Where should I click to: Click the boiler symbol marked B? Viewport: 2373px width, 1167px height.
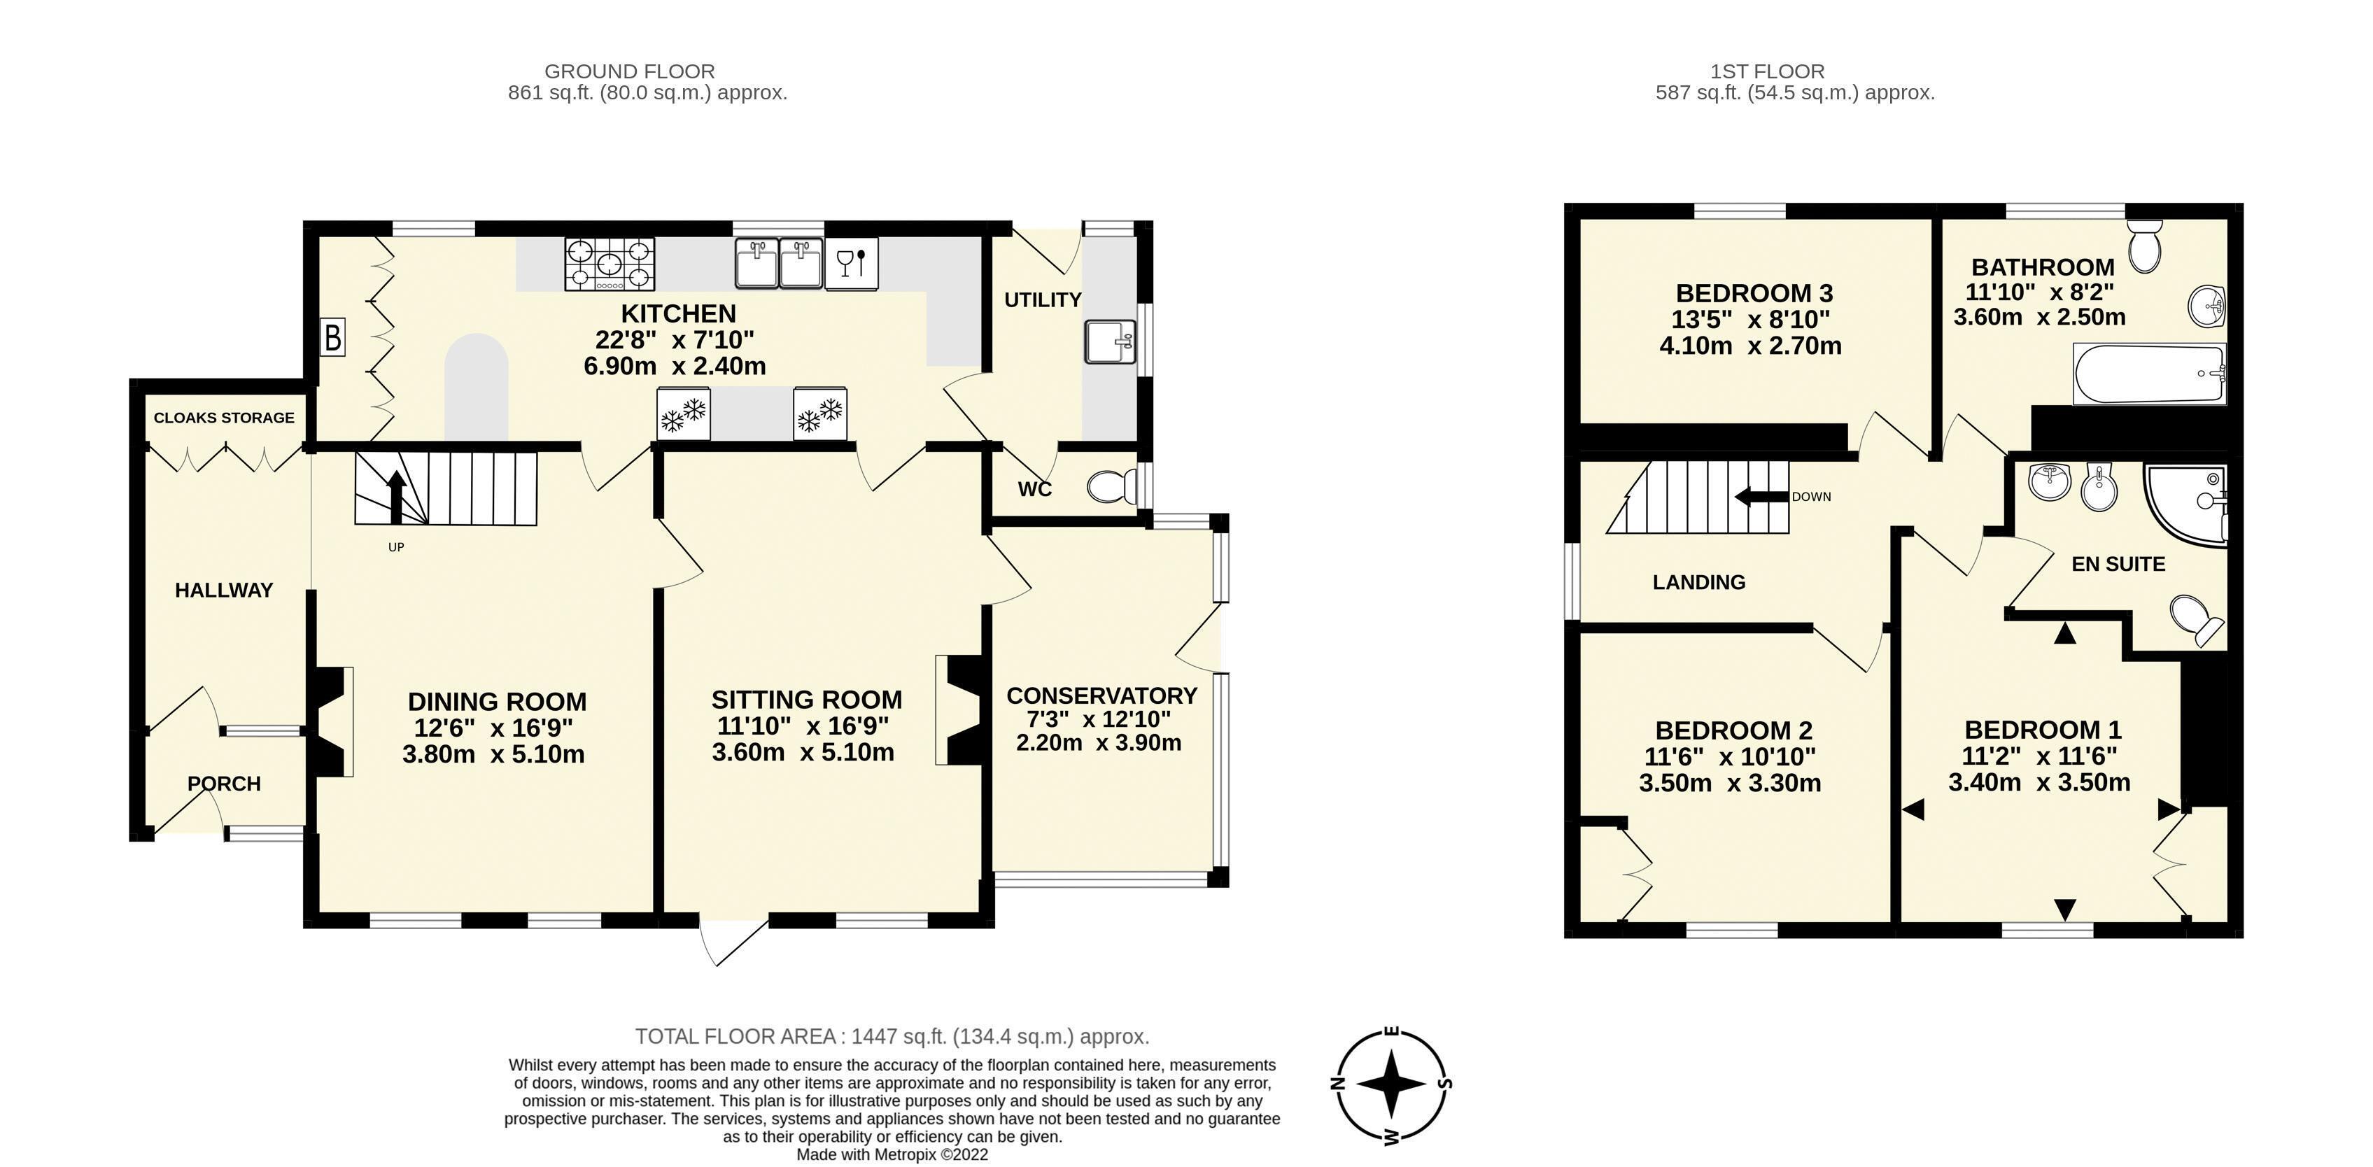click(x=332, y=338)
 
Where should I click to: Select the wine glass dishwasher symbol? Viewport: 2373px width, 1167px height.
click(x=851, y=264)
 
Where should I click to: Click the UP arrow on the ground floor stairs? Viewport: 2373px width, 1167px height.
click(x=396, y=497)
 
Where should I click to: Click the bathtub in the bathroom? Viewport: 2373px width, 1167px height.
click(x=2149, y=373)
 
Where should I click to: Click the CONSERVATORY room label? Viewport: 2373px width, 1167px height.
click(x=1101, y=695)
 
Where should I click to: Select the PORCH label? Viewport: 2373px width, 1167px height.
click(x=224, y=784)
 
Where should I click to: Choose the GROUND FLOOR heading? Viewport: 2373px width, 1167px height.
click(x=630, y=71)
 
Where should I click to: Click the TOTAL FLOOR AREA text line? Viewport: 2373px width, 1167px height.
click(x=892, y=1037)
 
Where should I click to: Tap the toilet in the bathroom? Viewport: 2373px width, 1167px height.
click(x=2145, y=244)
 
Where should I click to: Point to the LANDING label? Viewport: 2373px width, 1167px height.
click(x=1698, y=582)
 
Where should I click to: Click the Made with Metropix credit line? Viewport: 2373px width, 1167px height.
click(x=892, y=1155)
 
